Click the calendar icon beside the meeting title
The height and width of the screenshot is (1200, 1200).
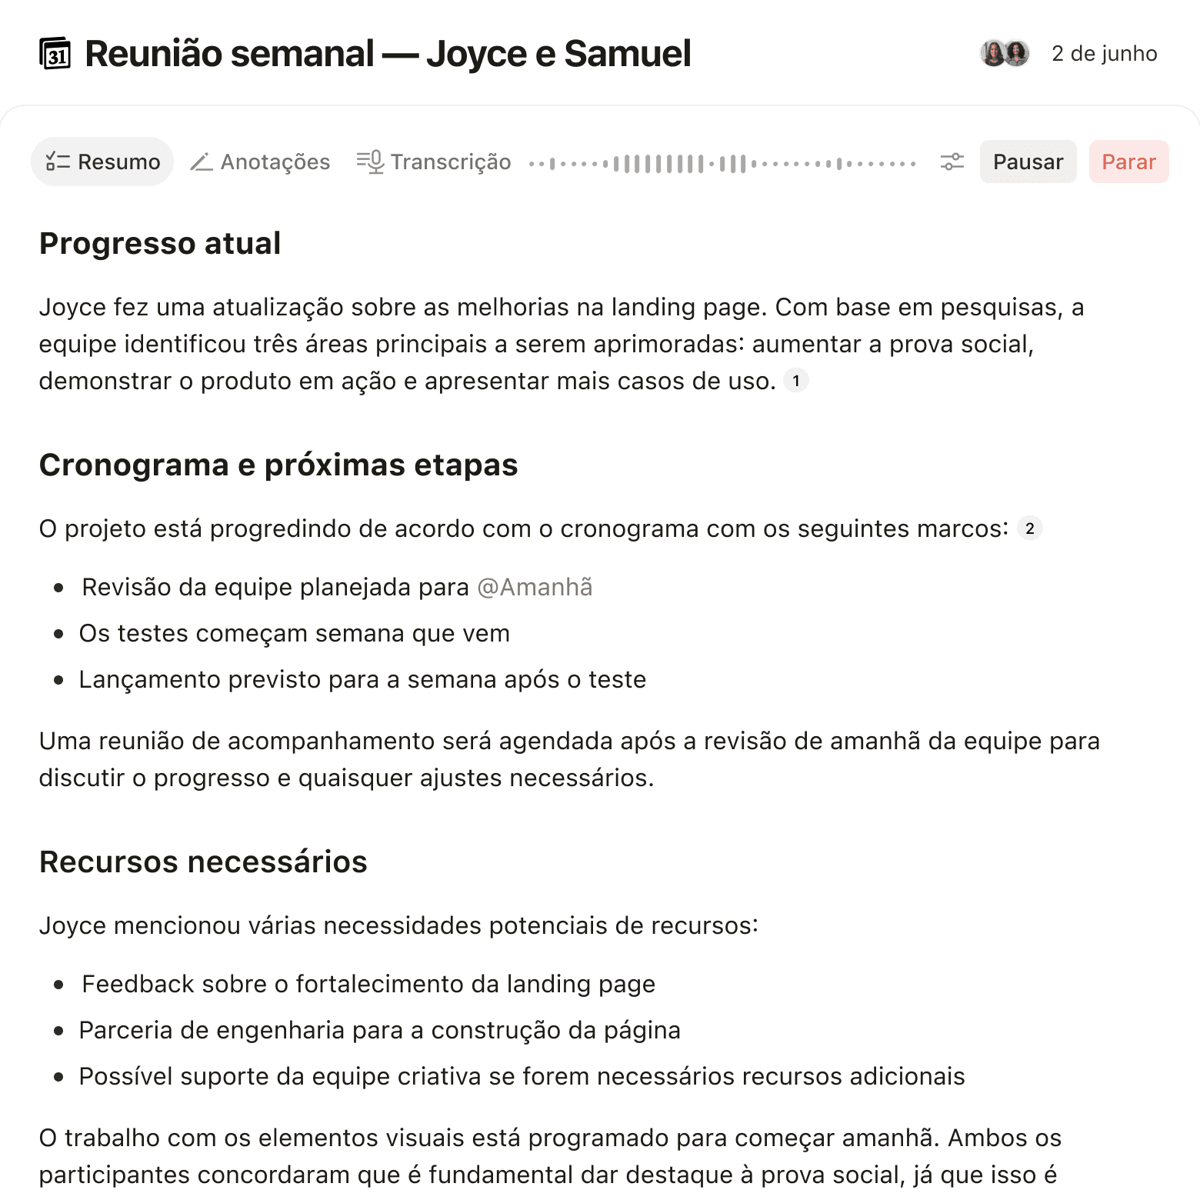pos(55,54)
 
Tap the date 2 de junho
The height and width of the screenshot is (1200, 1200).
pos(1104,54)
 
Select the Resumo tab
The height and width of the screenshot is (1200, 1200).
pos(102,162)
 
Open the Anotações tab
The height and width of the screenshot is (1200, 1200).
pos(260,162)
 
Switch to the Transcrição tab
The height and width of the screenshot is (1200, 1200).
pos(434,162)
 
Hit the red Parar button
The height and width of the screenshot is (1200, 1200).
pos(1128,162)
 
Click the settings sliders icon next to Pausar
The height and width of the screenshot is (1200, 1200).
pos(952,162)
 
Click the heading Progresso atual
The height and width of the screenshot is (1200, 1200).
pos(160,243)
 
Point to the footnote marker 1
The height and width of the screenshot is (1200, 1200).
pos(796,380)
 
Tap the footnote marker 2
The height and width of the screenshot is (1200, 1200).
pos(1030,528)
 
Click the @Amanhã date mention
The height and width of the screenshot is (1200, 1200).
pos(535,587)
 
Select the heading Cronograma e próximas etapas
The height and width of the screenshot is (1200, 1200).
pos(278,465)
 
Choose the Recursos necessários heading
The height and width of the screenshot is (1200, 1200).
pos(203,862)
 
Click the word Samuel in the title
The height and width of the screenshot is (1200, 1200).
pos(627,54)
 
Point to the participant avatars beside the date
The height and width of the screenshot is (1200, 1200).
pos(1005,53)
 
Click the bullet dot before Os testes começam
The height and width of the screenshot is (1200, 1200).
pos(59,634)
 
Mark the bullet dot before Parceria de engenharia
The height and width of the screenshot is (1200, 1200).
pos(59,1031)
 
